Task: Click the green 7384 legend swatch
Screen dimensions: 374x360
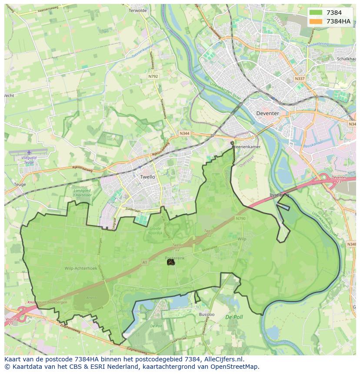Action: (316, 13)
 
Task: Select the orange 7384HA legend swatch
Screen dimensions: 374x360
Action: (316, 21)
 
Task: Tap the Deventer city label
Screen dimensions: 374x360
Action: (267, 113)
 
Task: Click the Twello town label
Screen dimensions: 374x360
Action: (147, 177)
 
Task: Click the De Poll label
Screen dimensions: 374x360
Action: (234, 318)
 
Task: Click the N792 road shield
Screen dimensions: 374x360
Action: (153, 76)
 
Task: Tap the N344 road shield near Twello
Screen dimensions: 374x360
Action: (184, 133)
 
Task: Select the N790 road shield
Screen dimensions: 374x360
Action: (241, 218)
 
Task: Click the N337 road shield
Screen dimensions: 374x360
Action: (299, 79)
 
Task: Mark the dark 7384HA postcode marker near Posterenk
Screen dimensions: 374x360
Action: (170, 262)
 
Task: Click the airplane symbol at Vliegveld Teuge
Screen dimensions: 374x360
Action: (29, 152)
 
